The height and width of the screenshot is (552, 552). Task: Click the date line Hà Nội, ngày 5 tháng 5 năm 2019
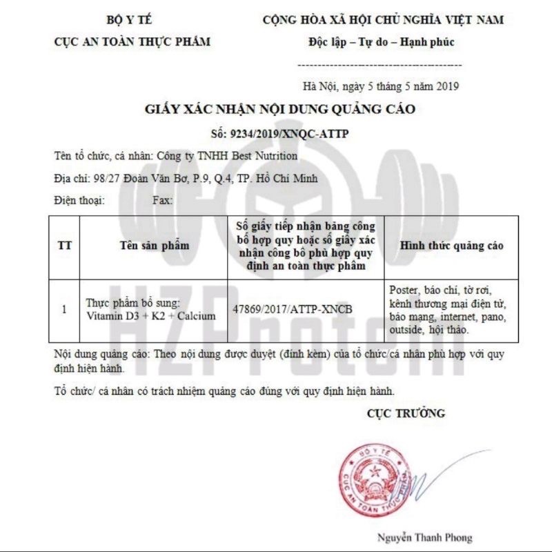380,86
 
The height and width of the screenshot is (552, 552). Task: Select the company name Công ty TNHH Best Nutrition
228,156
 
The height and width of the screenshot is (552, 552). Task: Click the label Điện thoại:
78,201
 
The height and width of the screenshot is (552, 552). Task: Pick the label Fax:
163,201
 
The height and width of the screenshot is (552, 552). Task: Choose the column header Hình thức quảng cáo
452,246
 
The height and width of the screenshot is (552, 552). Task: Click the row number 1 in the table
64,310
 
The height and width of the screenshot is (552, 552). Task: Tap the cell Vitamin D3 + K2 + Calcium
151,316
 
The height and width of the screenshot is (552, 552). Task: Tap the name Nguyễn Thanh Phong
424,537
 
